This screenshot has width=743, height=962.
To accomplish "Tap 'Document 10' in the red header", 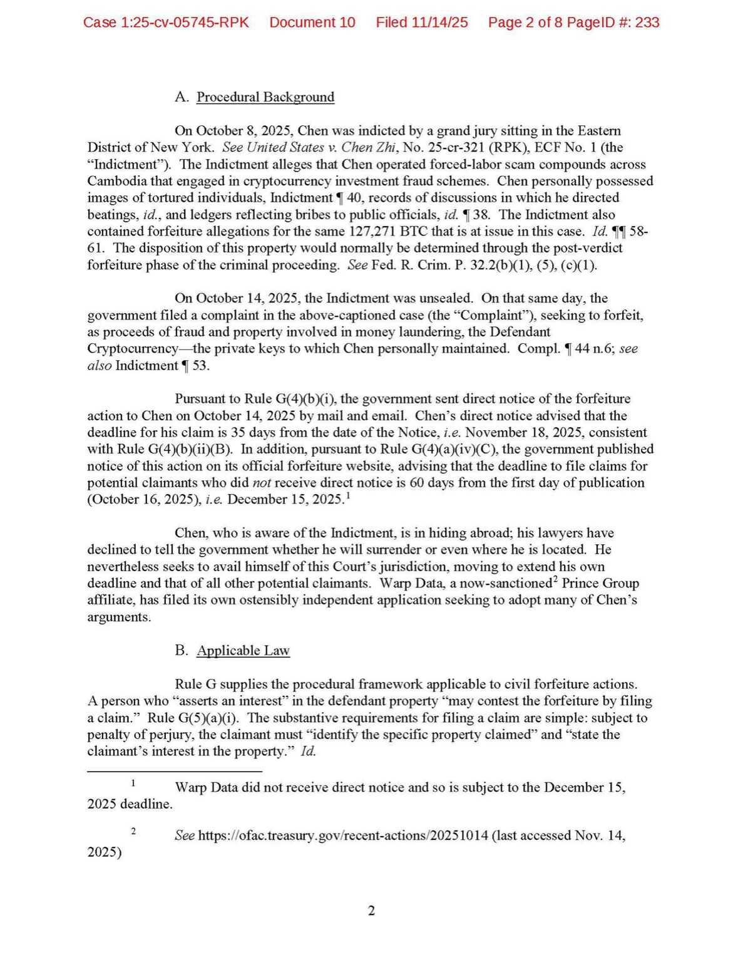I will click(312, 23).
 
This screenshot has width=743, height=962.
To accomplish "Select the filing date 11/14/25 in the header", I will click(439, 23).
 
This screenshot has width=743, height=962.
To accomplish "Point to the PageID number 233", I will click(647, 23).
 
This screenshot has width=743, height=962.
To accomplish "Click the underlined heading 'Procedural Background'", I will click(265, 97).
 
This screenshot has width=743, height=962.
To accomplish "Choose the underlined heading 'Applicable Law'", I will click(243, 651).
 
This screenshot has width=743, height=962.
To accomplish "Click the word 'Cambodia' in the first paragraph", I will click(114, 181).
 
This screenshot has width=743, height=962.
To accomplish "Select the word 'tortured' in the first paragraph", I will click(169, 198).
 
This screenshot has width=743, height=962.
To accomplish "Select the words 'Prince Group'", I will click(600, 583).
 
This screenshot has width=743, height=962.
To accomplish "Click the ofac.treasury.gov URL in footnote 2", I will click(343, 835).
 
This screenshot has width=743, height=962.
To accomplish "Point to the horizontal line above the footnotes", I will click(174, 772).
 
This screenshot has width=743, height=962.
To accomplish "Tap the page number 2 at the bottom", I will click(371, 911).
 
